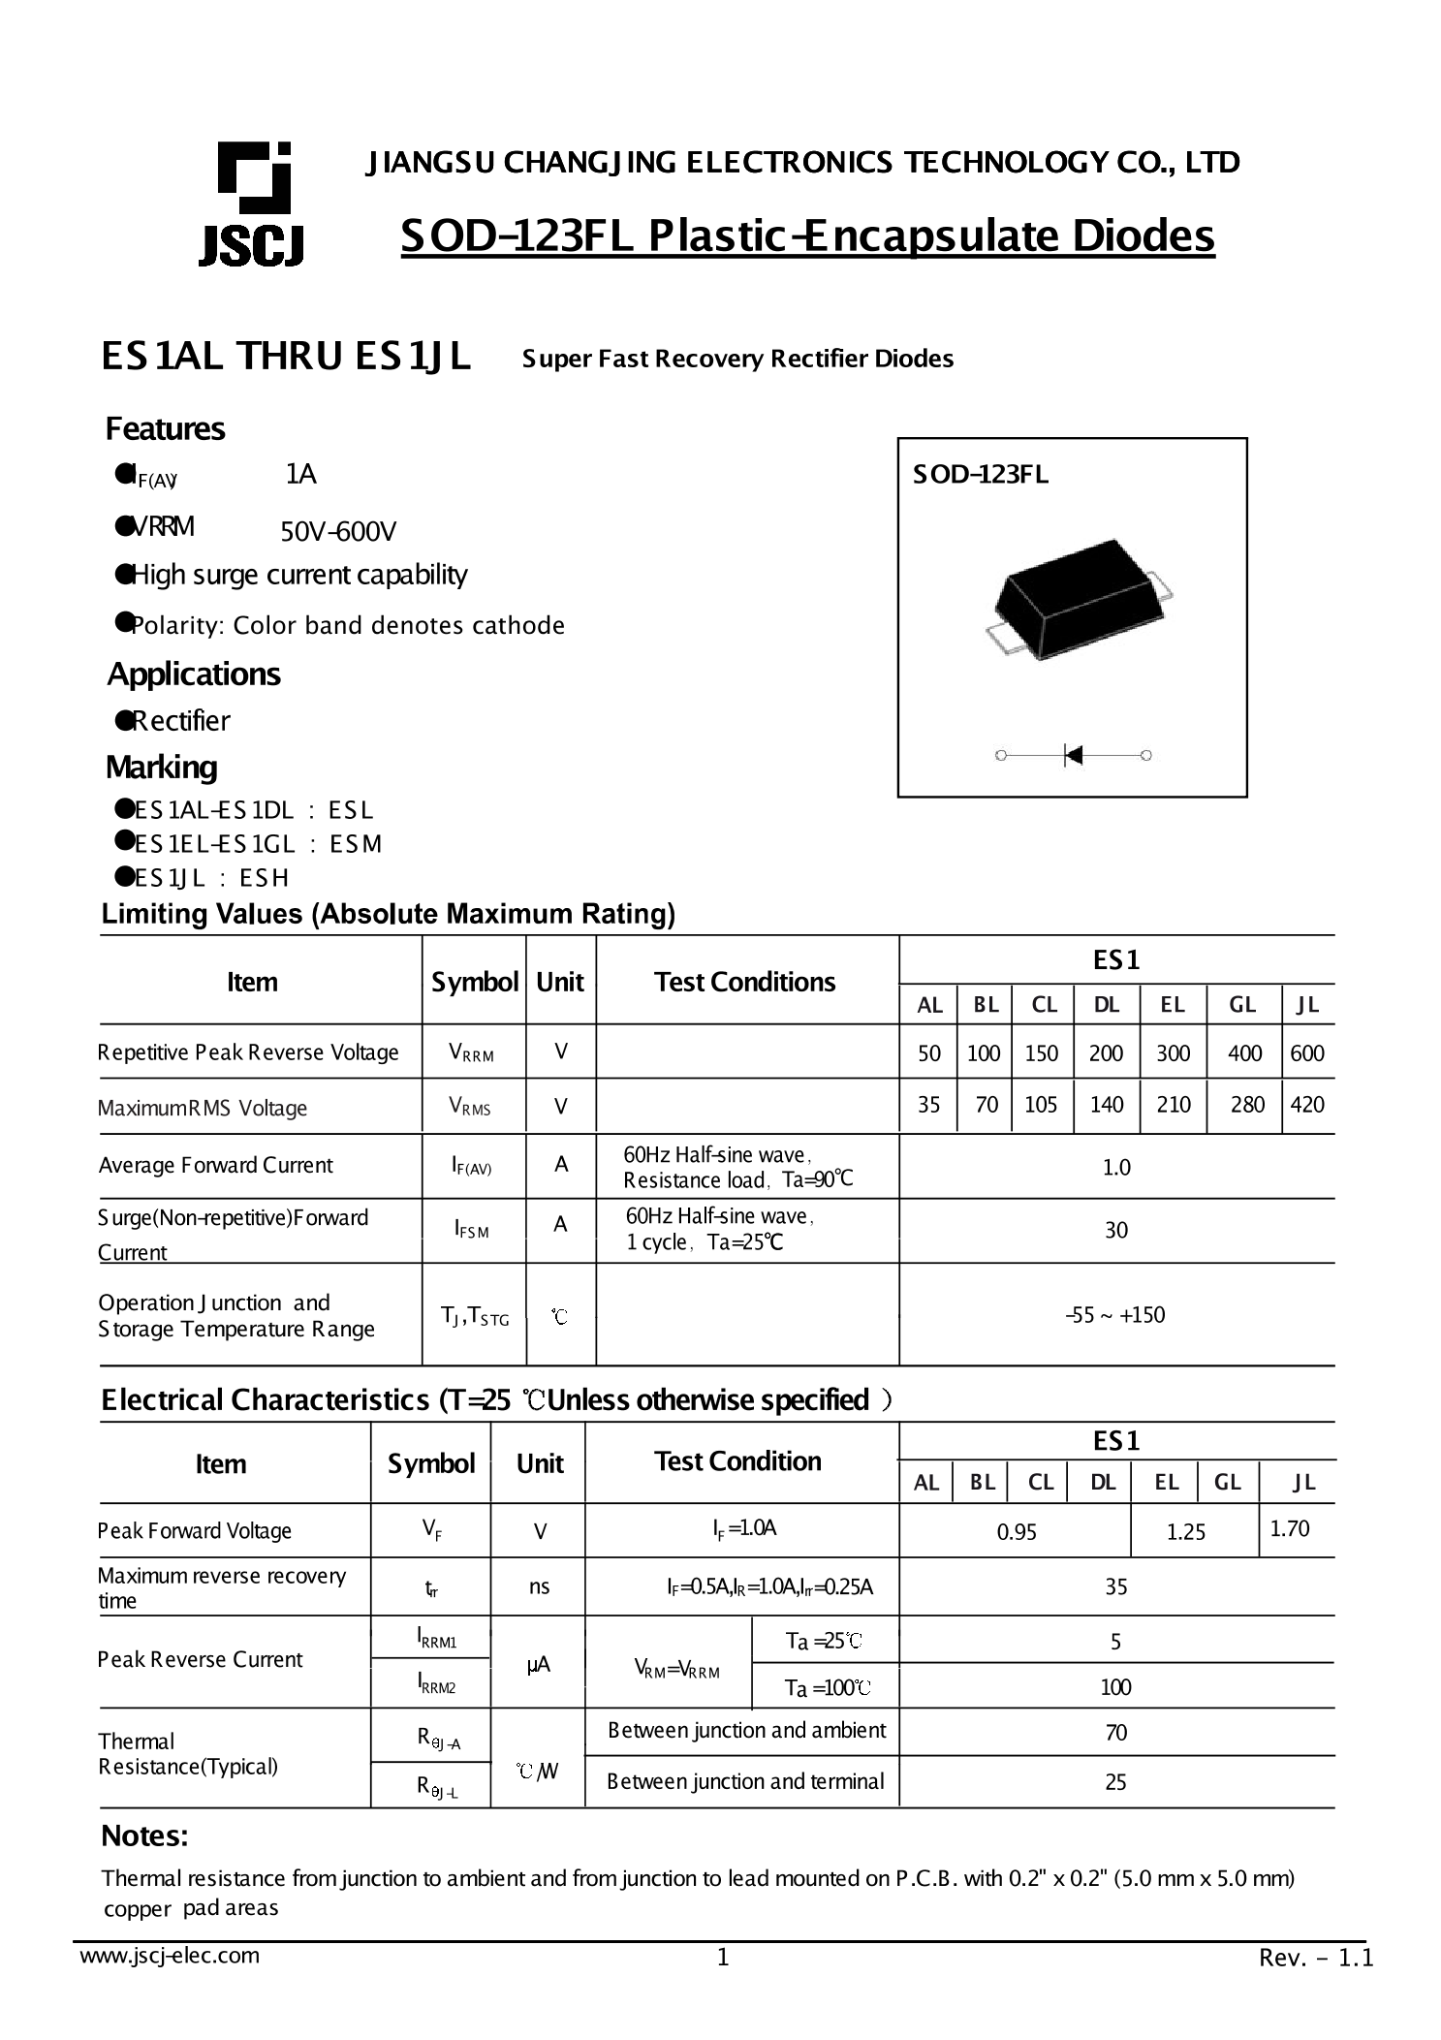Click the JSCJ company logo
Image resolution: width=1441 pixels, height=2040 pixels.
[252, 204]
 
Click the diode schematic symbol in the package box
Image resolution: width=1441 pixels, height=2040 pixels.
[1072, 754]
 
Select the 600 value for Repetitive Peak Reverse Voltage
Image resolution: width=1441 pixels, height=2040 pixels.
[1307, 1052]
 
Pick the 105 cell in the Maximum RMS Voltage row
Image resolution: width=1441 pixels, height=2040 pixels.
[1041, 1105]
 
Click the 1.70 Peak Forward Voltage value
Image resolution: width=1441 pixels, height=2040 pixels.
[1290, 1528]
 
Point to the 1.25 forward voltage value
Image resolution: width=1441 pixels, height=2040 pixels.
[1186, 1531]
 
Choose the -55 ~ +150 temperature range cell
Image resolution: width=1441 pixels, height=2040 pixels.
[1115, 1315]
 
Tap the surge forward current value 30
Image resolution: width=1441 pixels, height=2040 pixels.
[1116, 1230]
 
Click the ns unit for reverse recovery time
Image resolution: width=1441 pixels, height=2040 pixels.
[539, 1585]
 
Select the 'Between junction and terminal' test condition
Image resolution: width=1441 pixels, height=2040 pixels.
[745, 1781]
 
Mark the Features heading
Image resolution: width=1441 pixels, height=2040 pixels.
[165, 428]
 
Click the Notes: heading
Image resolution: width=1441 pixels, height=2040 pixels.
[144, 1836]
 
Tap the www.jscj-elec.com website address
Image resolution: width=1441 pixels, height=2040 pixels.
[170, 1956]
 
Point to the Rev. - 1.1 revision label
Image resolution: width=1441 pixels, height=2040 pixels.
[1315, 1959]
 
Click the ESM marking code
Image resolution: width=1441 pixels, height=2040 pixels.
[356, 844]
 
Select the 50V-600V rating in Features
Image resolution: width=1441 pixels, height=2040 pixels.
[338, 531]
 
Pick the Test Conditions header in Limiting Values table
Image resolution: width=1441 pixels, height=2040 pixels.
[744, 982]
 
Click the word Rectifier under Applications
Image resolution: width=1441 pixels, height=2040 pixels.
[181, 721]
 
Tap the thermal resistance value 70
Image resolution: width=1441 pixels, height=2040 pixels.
[1116, 1732]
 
